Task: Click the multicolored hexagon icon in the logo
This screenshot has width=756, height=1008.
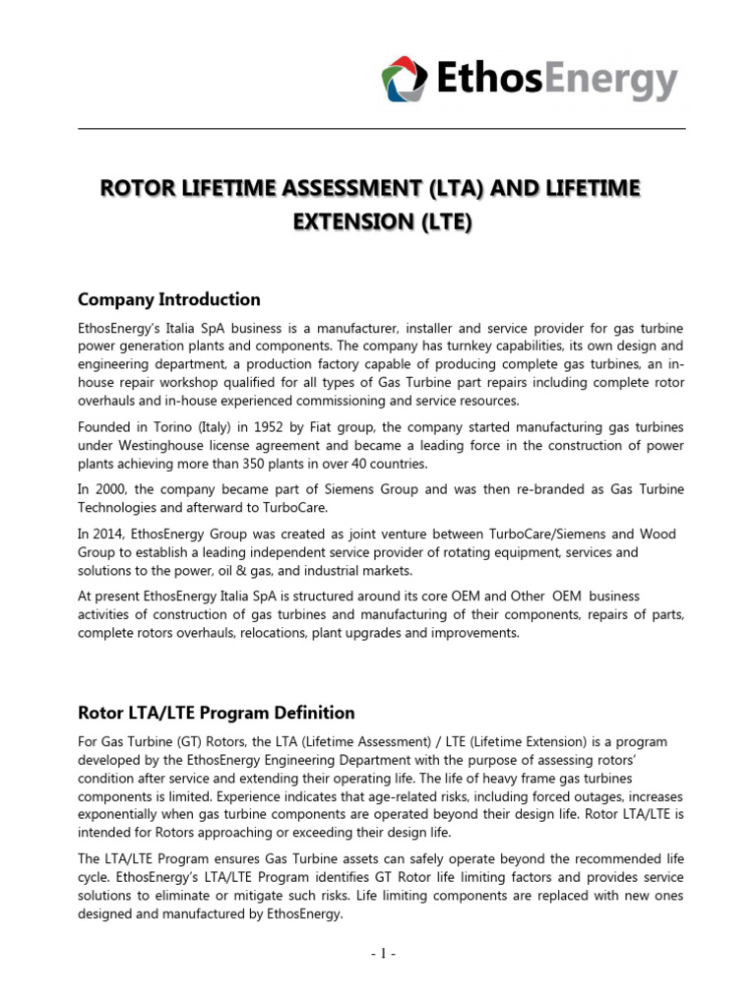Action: click(404, 79)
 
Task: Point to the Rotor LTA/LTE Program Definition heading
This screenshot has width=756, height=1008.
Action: click(216, 712)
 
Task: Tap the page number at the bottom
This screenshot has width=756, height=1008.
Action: click(378, 954)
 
